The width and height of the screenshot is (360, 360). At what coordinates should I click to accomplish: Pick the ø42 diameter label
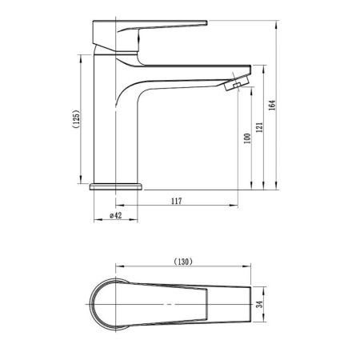[x=116, y=215]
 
